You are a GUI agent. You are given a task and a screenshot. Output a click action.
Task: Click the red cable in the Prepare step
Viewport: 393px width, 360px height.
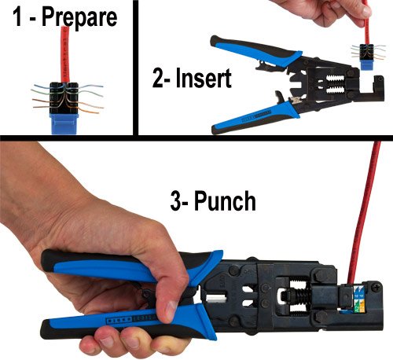tap(59, 55)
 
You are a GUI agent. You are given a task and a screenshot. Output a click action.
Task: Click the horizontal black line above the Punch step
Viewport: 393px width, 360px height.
tap(196, 138)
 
